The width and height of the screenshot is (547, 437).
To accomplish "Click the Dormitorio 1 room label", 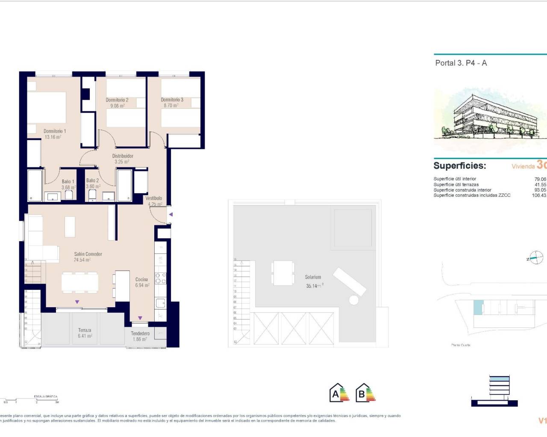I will pos(55,131).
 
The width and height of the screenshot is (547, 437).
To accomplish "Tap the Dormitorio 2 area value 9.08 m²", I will pos(118,106).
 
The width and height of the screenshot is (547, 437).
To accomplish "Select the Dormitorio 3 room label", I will pos(172,100).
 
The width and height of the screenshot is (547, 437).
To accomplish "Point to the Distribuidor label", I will pos(123,156).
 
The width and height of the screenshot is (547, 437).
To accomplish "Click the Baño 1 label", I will pos(68,182).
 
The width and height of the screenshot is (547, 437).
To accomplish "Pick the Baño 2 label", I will pos(92,181).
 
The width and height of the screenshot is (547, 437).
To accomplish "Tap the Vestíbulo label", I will pos(153,198).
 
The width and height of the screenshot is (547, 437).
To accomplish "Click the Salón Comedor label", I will pos(88,254).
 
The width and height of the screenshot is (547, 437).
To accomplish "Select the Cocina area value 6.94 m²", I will pos(142,285).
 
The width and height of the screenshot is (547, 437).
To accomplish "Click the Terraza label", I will pos(85,330).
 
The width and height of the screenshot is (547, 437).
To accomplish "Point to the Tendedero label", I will pos(140,334).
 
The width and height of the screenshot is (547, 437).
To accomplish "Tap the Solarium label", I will pos(313,277).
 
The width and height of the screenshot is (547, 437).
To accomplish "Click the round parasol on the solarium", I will pos(354,300).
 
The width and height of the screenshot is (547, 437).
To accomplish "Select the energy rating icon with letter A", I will pos(339,393).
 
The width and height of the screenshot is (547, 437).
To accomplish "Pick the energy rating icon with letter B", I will pos(365,393).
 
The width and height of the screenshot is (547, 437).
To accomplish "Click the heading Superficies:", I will pos(459,166).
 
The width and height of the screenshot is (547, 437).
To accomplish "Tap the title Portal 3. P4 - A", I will pos(461,63).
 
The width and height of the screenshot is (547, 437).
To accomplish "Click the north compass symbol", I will pos(536,258).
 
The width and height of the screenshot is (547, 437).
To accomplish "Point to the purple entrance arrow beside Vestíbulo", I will pos(170,214).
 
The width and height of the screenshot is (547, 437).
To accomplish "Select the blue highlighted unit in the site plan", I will pos(478,308).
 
